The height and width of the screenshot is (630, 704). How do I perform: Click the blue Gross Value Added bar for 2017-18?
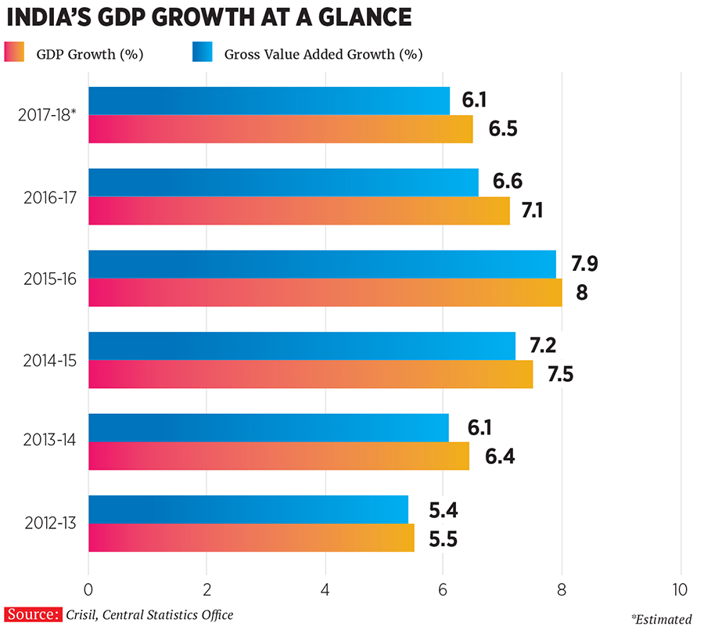coord(268,101)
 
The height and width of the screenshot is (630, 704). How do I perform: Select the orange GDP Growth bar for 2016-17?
coord(298,211)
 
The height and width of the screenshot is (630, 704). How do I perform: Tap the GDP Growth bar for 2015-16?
coord(325,292)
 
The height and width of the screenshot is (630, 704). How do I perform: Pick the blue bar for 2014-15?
coord(301,346)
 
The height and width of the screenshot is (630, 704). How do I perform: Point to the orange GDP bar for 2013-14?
coord(278,455)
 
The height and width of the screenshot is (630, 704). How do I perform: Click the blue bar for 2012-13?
coord(248,509)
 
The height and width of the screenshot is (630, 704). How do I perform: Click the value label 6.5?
coord(505,128)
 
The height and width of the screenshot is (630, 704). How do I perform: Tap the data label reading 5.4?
coord(443,510)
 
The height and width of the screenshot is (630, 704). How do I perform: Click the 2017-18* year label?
coord(47,115)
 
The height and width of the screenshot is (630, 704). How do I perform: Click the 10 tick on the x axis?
coord(679,589)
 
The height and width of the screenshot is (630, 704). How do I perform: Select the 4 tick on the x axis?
coord(325,589)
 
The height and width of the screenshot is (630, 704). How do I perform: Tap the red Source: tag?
coord(33,614)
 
